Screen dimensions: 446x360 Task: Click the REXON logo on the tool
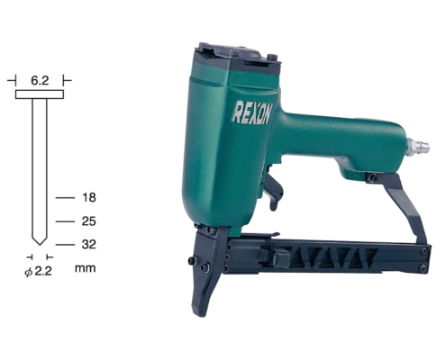click(x=251, y=112)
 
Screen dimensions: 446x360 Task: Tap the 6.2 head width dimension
click(x=40, y=81)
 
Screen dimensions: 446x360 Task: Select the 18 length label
click(x=88, y=198)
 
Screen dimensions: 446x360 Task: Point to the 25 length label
click(x=88, y=221)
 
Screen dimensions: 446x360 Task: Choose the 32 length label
click(x=88, y=245)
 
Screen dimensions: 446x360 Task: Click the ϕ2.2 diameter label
click(x=38, y=272)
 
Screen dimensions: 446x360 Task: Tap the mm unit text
click(x=86, y=268)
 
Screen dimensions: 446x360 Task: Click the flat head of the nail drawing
click(x=40, y=94)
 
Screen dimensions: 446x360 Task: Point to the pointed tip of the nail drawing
click(x=40, y=245)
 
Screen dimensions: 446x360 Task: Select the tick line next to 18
click(x=65, y=198)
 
